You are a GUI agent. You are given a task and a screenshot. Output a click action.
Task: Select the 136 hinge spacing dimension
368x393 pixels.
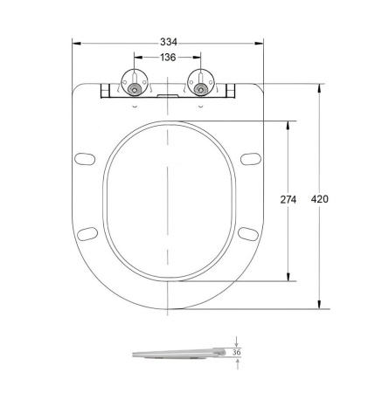(x=167, y=57)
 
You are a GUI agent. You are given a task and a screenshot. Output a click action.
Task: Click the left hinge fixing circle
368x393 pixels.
(x=134, y=88)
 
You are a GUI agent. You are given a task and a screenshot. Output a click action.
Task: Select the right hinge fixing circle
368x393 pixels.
(x=201, y=88)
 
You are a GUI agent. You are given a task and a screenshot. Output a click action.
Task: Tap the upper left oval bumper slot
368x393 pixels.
(x=86, y=159)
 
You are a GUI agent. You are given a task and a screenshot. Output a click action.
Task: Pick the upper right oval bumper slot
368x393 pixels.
(x=249, y=159)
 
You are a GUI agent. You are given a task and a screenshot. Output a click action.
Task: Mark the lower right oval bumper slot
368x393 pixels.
(x=248, y=232)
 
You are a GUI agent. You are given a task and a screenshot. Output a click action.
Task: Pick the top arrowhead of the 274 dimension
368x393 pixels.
(x=288, y=124)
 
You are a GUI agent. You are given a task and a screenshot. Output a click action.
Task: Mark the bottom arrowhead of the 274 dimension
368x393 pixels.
(x=288, y=279)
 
